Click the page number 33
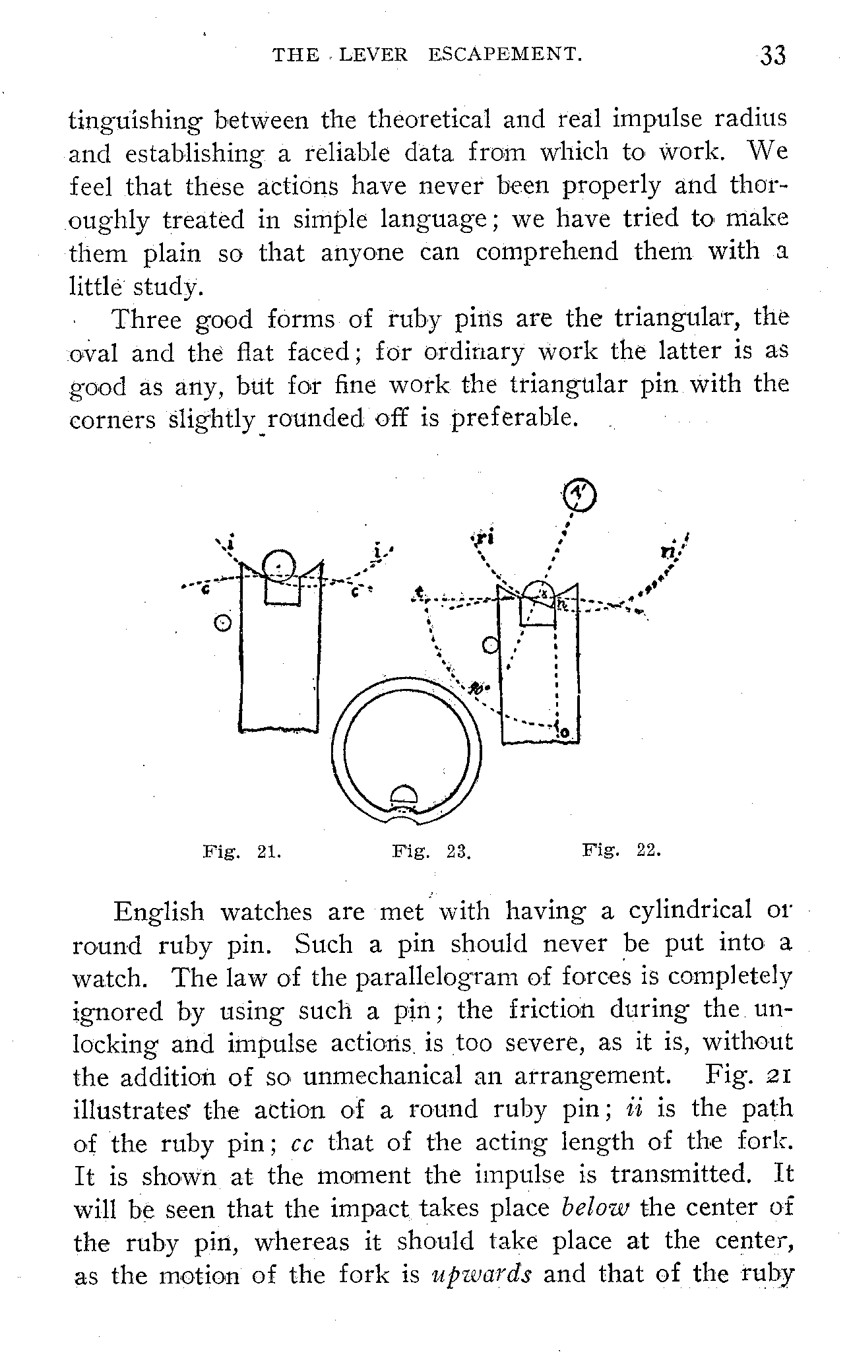pos(772,55)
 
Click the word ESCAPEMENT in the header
pos(505,54)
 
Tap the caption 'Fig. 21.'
pos(241,851)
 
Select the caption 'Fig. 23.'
pos(431,851)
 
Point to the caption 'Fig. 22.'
pos(621,851)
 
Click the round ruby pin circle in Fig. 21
pos(280,565)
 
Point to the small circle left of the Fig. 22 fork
pos(489,645)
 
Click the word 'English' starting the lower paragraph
pos(159,912)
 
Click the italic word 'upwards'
pos(480,1274)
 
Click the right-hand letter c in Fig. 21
pos(355,593)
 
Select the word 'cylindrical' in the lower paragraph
pos(689,911)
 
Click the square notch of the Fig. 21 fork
pos(282,589)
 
